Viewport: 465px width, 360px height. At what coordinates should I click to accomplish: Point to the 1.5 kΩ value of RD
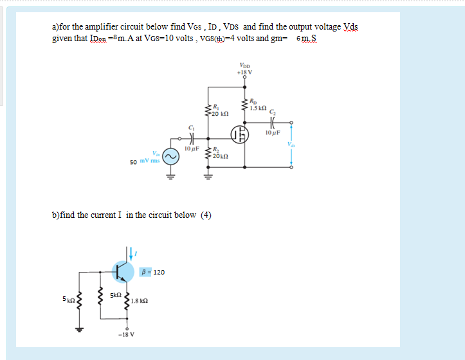tap(259, 108)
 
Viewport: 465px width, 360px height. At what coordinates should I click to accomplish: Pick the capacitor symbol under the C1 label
tap(190, 138)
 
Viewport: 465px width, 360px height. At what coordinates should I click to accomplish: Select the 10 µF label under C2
tap(273, 133)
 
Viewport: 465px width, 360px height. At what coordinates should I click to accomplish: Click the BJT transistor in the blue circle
tap(122, 271)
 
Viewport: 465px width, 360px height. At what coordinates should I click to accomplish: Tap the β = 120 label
tap(154, 272)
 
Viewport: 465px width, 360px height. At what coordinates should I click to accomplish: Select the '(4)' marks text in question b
tap(206, 215)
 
